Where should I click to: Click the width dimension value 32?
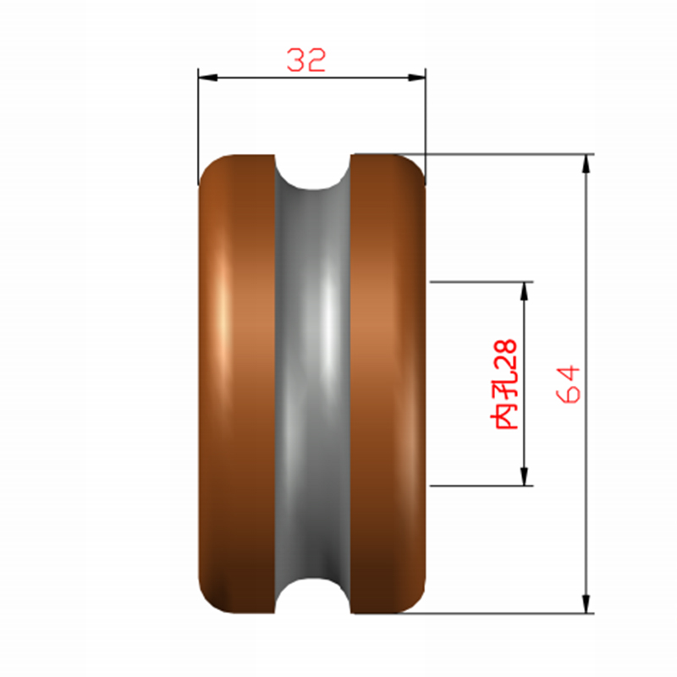tap(305, 59)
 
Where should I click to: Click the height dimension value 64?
tap(569, 384)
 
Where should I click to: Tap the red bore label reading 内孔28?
tap(504, 384)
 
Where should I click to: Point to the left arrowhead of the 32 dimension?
tap(207, 78)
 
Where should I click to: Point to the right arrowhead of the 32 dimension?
tap(416, 78)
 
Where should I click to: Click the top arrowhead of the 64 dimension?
tap(586, 163)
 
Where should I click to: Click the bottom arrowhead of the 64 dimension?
tap(586, 603)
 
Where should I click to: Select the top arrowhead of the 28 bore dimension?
tap(524, 291)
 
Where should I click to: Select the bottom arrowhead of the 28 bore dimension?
tap(524, 476)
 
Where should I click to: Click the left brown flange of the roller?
tap(237, 383)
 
